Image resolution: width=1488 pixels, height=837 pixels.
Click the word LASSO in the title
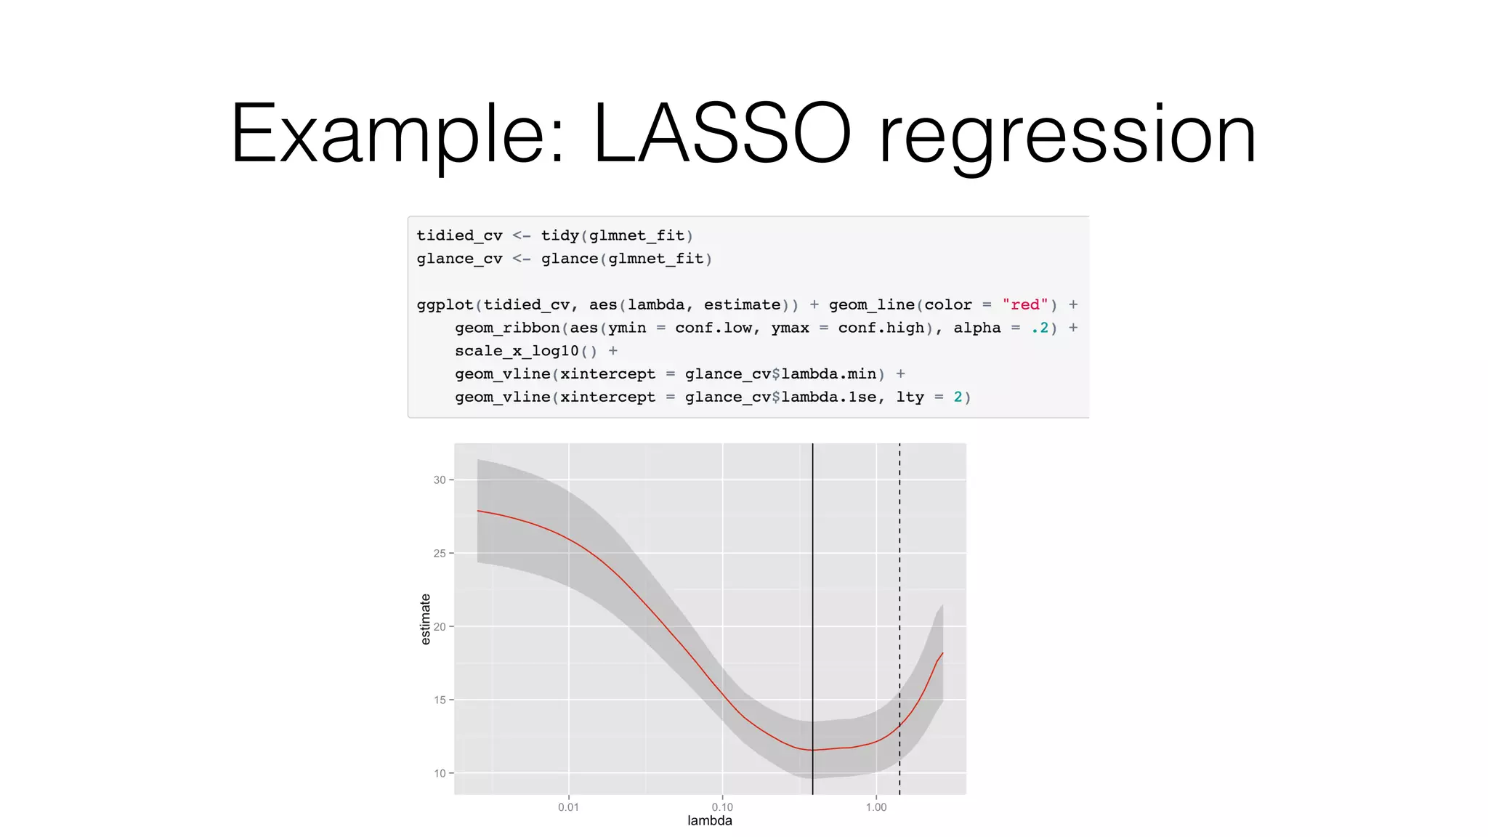click(x=721, y=134)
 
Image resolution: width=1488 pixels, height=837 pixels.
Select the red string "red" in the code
click(x=1024, y=305)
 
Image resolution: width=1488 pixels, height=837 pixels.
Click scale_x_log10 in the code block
click(x=517, y=351)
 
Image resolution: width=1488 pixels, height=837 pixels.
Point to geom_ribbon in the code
click(x=507, y=328)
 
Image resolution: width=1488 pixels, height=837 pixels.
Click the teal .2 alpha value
click(x=1040, y=328)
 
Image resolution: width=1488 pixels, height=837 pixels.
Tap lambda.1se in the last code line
click(x=829, y=397)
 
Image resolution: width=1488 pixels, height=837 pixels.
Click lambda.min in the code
click(x=829, y=374)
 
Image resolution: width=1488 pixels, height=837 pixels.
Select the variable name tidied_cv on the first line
click(x=459, y=235)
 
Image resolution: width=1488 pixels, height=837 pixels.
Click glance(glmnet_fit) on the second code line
click(x=626, y=259)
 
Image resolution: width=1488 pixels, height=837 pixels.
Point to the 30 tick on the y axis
click(x=440, y=480)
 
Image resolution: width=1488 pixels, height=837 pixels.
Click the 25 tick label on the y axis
click(x=440, y=554)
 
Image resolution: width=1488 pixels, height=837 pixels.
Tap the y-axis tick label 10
click(x=440, y=774)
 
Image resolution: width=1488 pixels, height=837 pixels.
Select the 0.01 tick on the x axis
click(x=568, y=807)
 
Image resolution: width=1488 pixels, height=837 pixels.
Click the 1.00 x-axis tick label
click(x=876, y=807)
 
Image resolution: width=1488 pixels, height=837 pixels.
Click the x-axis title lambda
click(x=710, y=821)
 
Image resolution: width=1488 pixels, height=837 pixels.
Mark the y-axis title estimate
click(x=426, y=619)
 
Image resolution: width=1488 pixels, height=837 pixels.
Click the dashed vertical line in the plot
click(x=899, y=581)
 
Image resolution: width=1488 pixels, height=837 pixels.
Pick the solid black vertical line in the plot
click(x=812, y=581)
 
